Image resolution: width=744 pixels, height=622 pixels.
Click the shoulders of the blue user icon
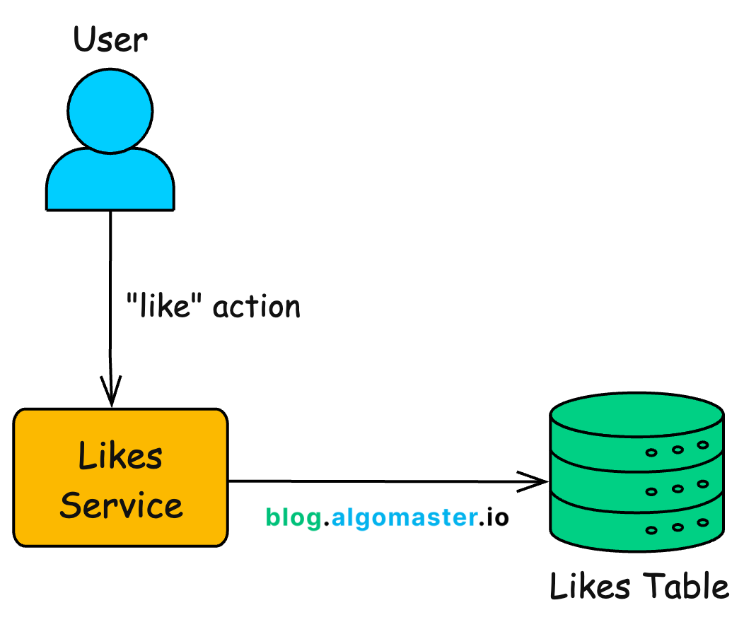point(110,180)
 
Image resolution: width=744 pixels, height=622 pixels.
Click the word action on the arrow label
point(257,307)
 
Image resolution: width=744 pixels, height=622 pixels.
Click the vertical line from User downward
point(110,283)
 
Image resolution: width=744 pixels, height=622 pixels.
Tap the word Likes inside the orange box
point(120,456)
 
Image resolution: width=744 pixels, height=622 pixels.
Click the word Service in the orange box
point(121,505)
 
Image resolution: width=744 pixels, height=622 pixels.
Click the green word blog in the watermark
point(293,518)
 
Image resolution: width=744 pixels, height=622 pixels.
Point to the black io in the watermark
point(494,517)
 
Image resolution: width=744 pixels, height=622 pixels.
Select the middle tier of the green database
point(637,481)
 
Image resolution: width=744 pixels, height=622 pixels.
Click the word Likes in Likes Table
point(590,587)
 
